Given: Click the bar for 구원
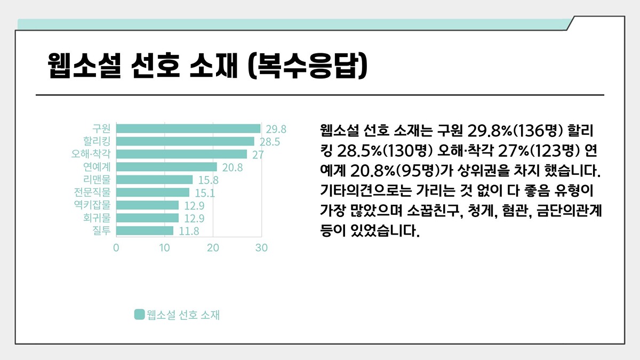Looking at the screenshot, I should click(x=188, y=129).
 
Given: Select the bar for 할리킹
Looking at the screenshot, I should click(x=185, y=141).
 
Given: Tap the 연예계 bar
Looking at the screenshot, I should click(x=166, y=167).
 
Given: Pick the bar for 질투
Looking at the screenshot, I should click(x=145, y=231).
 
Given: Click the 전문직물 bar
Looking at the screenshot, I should click(x=153, y=193).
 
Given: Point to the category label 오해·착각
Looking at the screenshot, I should click(x=91, y=154).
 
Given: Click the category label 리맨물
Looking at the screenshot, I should click(x=97, y=180).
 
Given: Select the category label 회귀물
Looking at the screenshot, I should click(x=97, y=218).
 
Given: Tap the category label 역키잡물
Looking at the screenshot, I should click(x=92, y=205).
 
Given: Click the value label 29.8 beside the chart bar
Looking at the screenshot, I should click(x=276, y=129).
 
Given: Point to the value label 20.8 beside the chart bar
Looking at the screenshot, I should click(x=233, y=167).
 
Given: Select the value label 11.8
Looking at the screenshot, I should click(x=189, y=231).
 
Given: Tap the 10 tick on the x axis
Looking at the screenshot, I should click(x=164, y=248).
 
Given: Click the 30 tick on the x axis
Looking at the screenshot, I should click(x=261, y=248).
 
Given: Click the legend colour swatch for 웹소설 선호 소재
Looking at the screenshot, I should click(x=139, y=315).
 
